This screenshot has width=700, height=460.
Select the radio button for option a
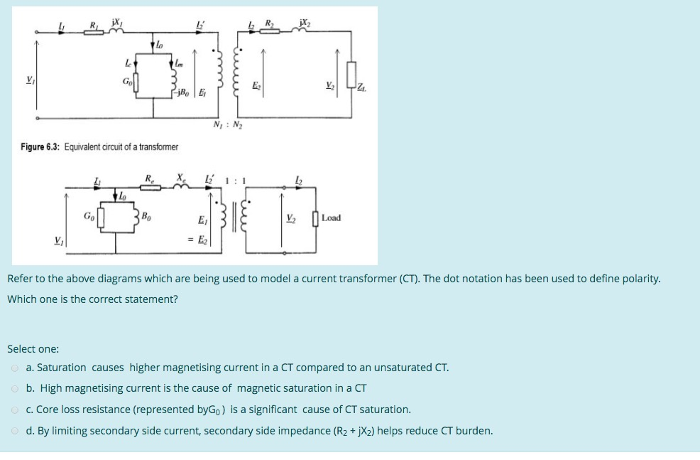pyautogui.click(x=14, y=368)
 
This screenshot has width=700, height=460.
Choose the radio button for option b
pyautogui.click(x=14, y=388)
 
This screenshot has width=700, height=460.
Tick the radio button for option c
pyautogui.click(x=14, y=410)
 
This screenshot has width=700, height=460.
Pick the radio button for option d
pyautogui.click(x=14, y=431)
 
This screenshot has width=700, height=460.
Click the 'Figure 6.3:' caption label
pyautogui.click(x=41, y=146)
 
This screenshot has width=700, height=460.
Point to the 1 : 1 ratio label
pyautogui.click(x=235, y=181)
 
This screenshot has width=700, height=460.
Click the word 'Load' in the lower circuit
pyautogui.click(x=331, y=218)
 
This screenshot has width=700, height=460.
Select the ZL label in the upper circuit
pyautogui.click(x=363, y=88)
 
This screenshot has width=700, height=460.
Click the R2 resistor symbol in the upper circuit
pyautogui.click(x=270, y=31)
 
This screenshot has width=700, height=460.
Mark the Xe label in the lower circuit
pyautogui.click(x=182, y=178)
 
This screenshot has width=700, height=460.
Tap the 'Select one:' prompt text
pyautogui.click(x=33, y=349)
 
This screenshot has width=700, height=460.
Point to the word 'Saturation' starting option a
pyautogui.click(x=61, y=368)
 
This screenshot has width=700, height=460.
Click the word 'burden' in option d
pyautogui.click(x=473, y=431)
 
